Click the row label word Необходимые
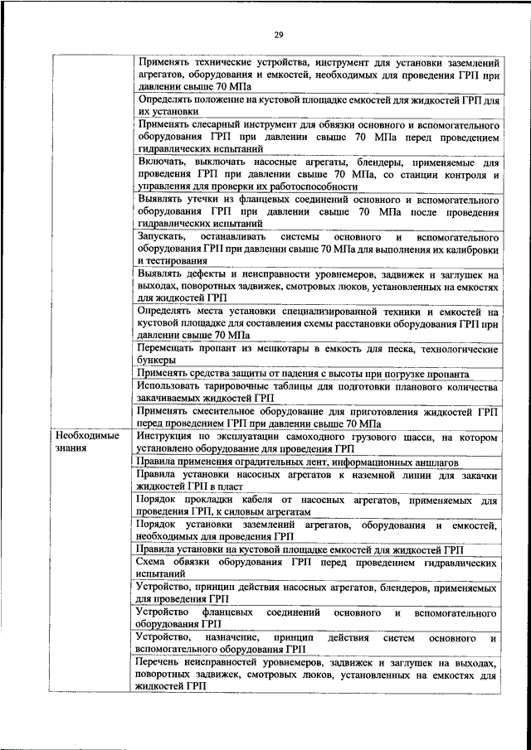tap(87, 436)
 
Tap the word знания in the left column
tap(72, 448)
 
